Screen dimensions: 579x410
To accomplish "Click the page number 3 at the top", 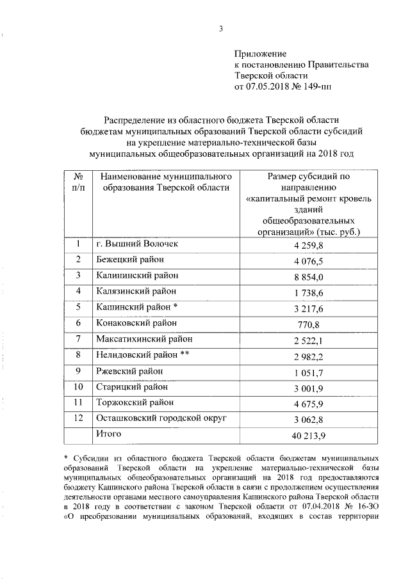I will (x=220, y=28).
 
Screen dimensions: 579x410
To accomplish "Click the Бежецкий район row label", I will (x=129, y=259).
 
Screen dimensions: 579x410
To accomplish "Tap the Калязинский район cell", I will (x=135, y=290).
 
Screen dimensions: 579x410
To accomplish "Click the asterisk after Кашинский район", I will (x=184, y=306).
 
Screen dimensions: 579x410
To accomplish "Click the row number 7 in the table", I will (x=78, y=338).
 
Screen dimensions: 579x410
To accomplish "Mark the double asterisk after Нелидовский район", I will (x=188, y=353).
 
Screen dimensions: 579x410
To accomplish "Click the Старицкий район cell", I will (x=132, y=386).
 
